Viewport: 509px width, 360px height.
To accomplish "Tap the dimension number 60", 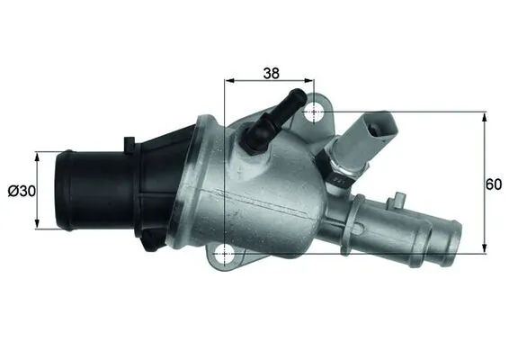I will [x=493, y=184].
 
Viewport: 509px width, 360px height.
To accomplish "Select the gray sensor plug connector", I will [x=375, y=129].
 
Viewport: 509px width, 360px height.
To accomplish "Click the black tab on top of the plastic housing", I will [x=131, y=142].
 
